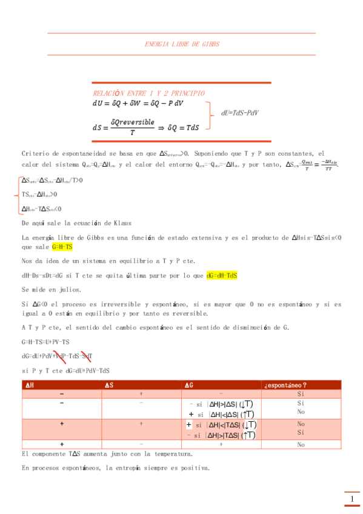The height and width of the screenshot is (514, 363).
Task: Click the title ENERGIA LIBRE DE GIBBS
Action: tap(182, 44)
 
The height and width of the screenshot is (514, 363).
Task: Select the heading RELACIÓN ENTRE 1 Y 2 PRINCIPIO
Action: tap(148, 93)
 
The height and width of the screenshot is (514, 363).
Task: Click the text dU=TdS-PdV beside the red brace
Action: tap(241, 112)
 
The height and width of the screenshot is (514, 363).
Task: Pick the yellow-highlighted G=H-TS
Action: tap(62, 247)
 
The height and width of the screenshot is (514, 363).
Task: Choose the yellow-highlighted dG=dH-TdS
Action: tap(222, 275)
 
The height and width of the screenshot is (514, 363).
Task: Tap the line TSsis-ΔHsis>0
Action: tap(39, 195)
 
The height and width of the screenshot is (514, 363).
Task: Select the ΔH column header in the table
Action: tap(28, 385)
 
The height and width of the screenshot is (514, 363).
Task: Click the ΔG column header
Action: tap(190, 385)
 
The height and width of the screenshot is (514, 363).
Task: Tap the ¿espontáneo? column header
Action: tap(285, 385)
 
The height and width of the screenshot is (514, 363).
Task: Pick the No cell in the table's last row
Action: tap(301, 444)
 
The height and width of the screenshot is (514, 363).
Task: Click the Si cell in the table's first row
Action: tap(301, 394)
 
